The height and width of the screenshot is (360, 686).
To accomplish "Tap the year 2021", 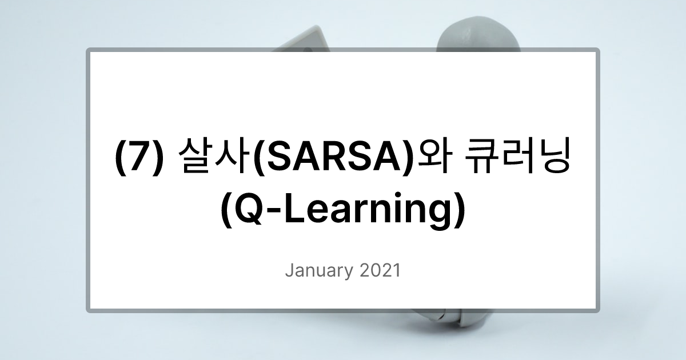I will pos(380,270).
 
